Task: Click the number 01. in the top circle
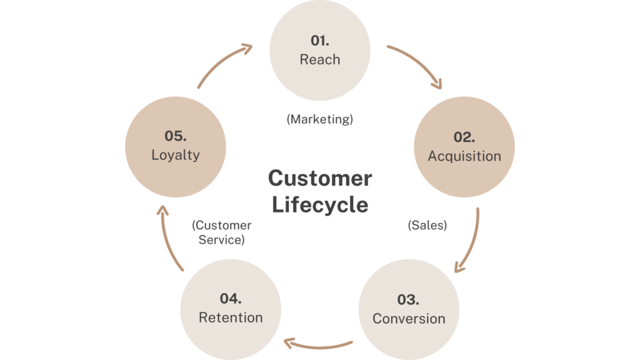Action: [x=320, y=41]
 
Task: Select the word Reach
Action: [x=320, y=60]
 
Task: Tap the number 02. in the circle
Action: [x=464, y=137]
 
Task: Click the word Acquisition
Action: [x=464, y=156]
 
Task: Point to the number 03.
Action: [x=408, y=299]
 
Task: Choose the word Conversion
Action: [x=409, y=319]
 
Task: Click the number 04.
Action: [x=231, y=298]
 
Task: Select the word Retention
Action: [x=231, y=317]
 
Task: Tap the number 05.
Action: [x=175, y=135]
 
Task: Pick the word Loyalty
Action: [x=175, y=154]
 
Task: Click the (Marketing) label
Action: [x=320, y=119]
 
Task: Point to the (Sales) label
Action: [x=427, y=226]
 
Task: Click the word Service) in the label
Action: [x=221, y=239]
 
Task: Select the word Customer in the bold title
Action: [x=320, y=179]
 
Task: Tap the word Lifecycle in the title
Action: [x=320, y=204]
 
